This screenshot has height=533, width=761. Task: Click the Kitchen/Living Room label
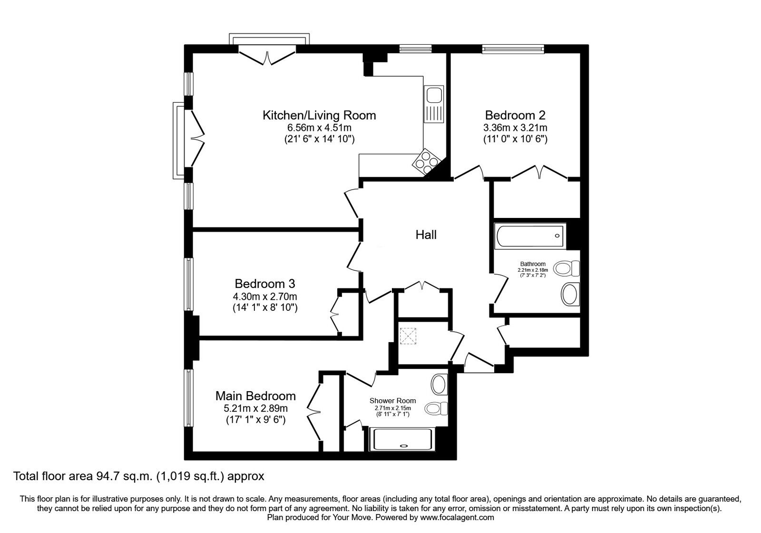tap(319, 116)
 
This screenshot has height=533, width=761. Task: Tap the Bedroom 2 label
tap(515, 116)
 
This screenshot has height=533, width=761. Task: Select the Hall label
tap(426, 235)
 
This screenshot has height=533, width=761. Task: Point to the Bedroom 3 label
tap(265, 284)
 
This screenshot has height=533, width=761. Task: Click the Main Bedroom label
tap(255, 396)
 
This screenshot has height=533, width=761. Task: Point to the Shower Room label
tap(393, 401)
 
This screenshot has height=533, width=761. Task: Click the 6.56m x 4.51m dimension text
tap(319, 128)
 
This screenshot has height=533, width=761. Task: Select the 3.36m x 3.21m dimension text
tap(516, 128)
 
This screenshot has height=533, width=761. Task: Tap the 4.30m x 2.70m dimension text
tap(265, 297)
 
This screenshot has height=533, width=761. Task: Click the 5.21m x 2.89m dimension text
tap(255, 408)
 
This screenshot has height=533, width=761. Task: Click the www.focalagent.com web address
tap(457, 518)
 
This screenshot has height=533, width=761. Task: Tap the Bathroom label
tap(533, 264)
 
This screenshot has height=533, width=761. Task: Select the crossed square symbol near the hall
tap(408, 336)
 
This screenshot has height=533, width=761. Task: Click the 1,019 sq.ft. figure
tap(190, 476)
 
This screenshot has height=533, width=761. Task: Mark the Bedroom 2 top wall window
tap(513, 49)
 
